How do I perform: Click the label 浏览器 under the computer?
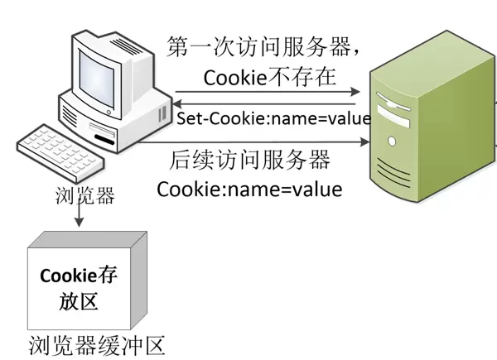coord(80,196)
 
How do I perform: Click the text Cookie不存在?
coord(269,78)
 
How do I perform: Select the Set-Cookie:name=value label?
coord(273,118)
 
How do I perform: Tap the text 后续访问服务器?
coord(249,158)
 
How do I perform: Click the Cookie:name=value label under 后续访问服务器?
coord(249,189)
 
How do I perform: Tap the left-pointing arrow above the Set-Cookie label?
coord(265,103)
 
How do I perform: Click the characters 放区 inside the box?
coord(79,300)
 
